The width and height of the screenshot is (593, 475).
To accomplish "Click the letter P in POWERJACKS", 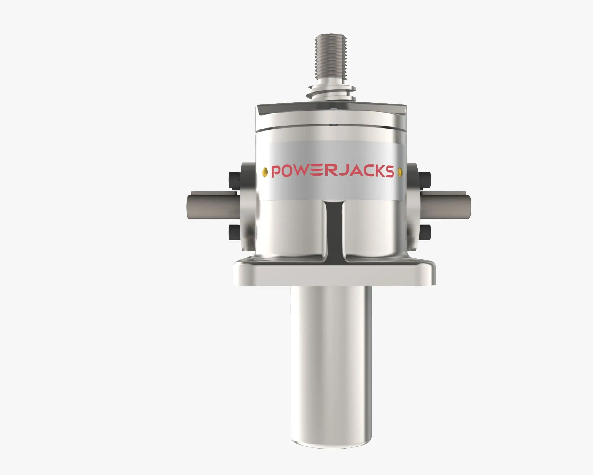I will coord(277,172).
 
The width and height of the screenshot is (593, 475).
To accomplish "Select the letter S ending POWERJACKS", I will coord(389,171).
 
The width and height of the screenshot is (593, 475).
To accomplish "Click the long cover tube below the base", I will coord(331,356).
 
